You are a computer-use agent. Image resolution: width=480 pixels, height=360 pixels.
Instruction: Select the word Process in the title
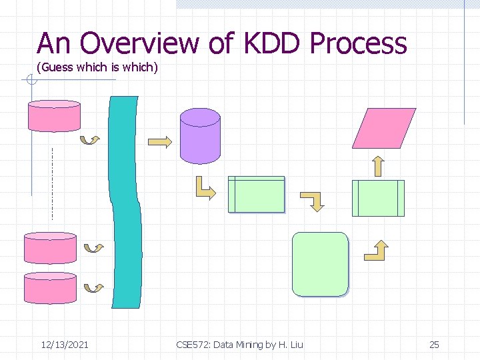(358, 44)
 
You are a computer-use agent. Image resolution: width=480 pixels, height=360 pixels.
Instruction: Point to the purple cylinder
(200, 136)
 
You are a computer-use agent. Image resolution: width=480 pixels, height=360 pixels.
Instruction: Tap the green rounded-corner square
(320, 264)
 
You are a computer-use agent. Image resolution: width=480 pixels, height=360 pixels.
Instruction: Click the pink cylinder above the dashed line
(53, 116)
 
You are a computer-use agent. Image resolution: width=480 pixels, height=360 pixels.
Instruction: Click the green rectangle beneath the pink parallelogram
(378, 198)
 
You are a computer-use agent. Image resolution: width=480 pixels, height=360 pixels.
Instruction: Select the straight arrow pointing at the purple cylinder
(160, 142)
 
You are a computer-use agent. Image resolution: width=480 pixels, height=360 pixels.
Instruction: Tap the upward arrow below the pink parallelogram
(377, 165)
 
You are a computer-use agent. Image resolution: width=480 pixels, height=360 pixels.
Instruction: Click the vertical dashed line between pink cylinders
(51, 183)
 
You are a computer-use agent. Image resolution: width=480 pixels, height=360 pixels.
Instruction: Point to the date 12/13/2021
(65, 345)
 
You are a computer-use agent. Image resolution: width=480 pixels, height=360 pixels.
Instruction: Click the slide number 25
(434, 345)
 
